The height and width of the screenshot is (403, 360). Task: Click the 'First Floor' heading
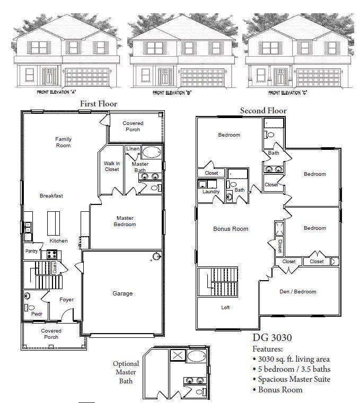[98, 104]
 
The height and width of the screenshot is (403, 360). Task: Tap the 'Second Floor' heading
[263, 111]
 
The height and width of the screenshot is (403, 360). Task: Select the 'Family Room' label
[63, 142]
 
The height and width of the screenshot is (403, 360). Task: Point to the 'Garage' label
[122, 293]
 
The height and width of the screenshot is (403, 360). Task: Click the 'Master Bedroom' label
[125, 221]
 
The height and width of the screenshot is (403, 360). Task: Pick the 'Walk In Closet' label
[111, 166]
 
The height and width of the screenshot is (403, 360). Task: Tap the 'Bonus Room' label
[231, 229]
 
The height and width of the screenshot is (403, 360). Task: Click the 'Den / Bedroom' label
[297, 291]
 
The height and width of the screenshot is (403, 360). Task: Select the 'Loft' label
[226, 307]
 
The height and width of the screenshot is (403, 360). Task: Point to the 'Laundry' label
[210, 192]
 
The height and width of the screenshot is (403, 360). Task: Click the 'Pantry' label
[31, 251]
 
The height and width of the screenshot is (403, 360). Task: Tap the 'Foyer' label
[66, 300]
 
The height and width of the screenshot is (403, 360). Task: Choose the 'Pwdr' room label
[37, 314]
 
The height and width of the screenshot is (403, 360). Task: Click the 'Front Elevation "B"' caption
[172, 93]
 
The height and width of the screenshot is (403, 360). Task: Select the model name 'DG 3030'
[271, 337]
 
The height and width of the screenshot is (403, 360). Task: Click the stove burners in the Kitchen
[52, 254]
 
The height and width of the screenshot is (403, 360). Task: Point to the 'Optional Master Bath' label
[126, 372]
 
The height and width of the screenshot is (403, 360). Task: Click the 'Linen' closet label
[133, 149]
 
